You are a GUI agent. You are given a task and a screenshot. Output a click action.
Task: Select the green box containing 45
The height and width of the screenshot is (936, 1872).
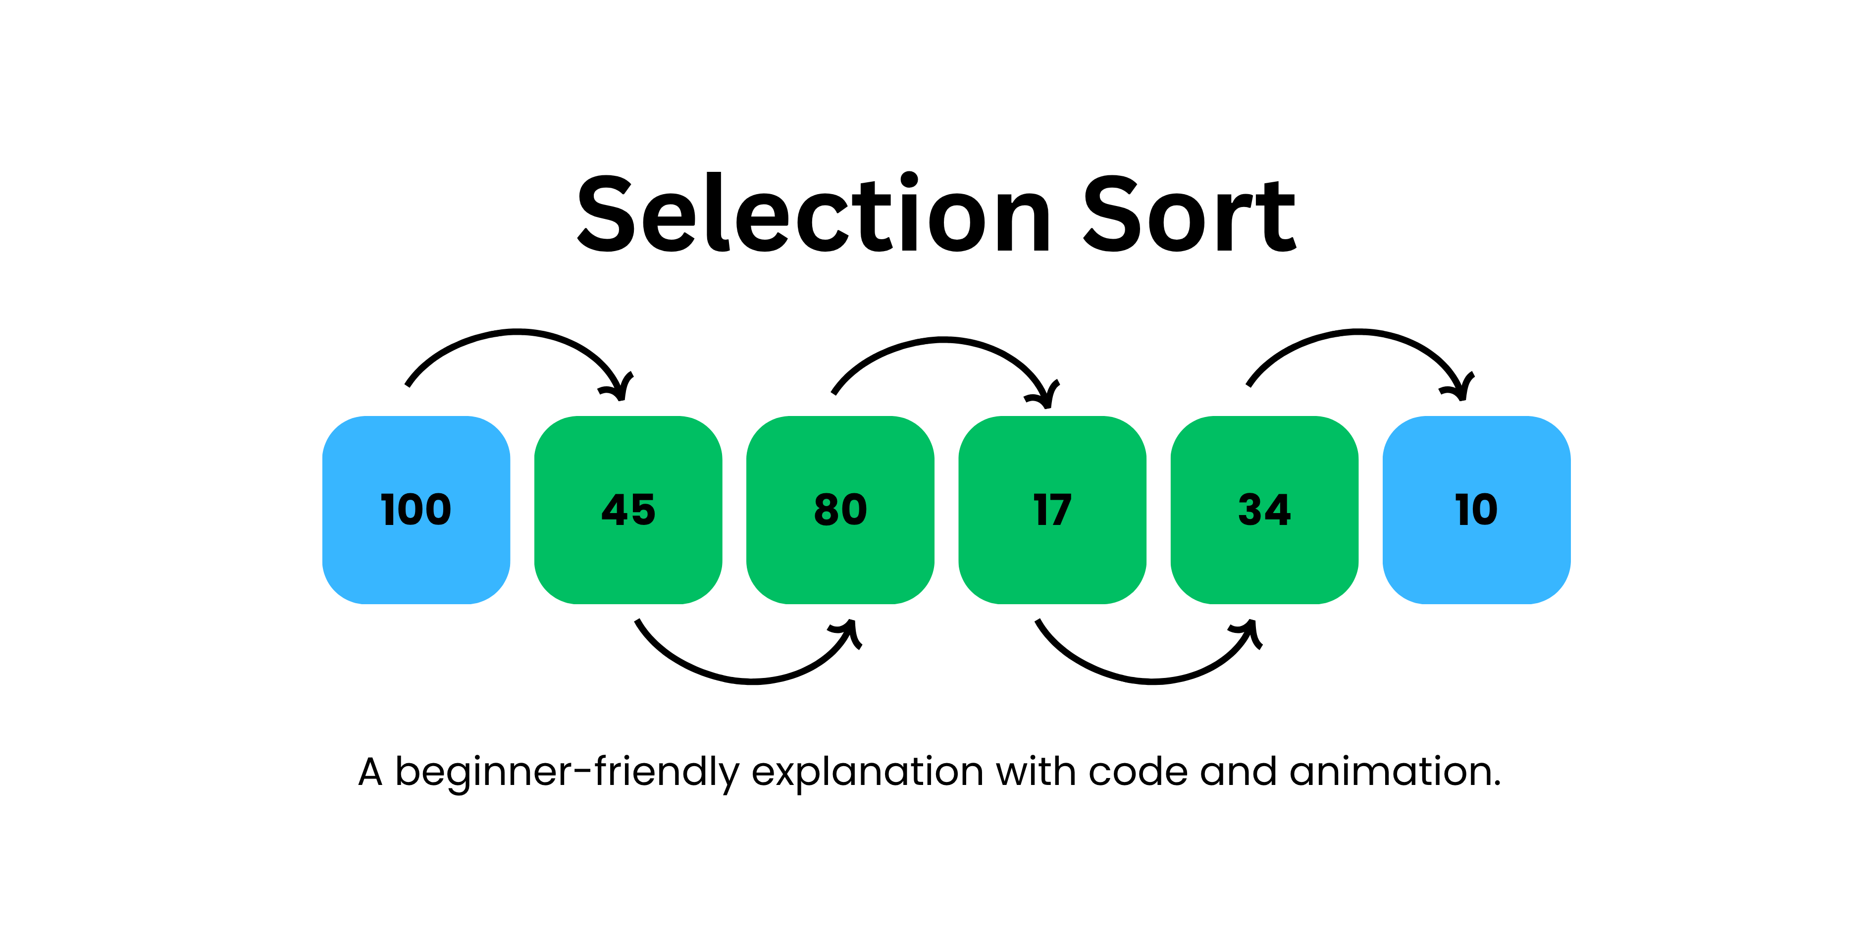click(x=628, y=510)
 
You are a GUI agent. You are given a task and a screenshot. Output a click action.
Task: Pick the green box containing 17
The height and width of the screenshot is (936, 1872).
click(x=1052, y=510)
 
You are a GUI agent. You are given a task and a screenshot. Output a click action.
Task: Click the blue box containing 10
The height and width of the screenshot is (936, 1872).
click(x=1477, y=510)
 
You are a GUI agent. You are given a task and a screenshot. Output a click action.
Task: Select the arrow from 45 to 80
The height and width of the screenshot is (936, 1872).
click(x=752, y=681)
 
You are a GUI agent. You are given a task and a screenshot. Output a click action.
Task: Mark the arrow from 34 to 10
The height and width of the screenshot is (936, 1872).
click(x=1359, y=333)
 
